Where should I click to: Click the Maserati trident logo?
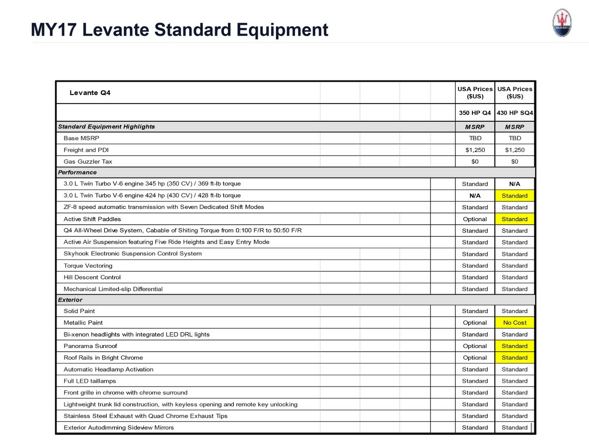(x=562, y=23)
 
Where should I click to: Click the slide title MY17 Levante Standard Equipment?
(x=179, y=30)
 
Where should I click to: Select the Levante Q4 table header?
(x=90, y=93)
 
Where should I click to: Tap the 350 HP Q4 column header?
(x=475, y=113)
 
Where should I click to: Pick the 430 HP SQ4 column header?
(x=515, y=113)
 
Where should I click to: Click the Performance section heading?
(x=77, y=172)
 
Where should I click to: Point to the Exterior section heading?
(x=70, y=300)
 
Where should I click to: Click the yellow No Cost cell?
(x=515, y=323)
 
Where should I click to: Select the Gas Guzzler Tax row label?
(x=88, y=161)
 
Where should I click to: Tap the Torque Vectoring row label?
(x=88, y=266)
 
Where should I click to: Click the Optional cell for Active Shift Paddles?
(x=475, y=219)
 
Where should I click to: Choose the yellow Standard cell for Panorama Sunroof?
(x=515, y=346)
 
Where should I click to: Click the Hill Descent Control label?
(x=92, y=277)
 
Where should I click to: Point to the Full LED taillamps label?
(x=90, y=381)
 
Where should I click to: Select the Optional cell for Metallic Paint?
(x=475, y=323)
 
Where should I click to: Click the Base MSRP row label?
(x=81, y=138)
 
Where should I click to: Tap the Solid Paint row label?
(x=79, y=311)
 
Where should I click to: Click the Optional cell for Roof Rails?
(x=475, y=358)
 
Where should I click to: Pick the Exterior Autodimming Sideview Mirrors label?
(x=119, y=428)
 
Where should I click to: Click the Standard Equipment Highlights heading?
(x=106, y=127)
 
